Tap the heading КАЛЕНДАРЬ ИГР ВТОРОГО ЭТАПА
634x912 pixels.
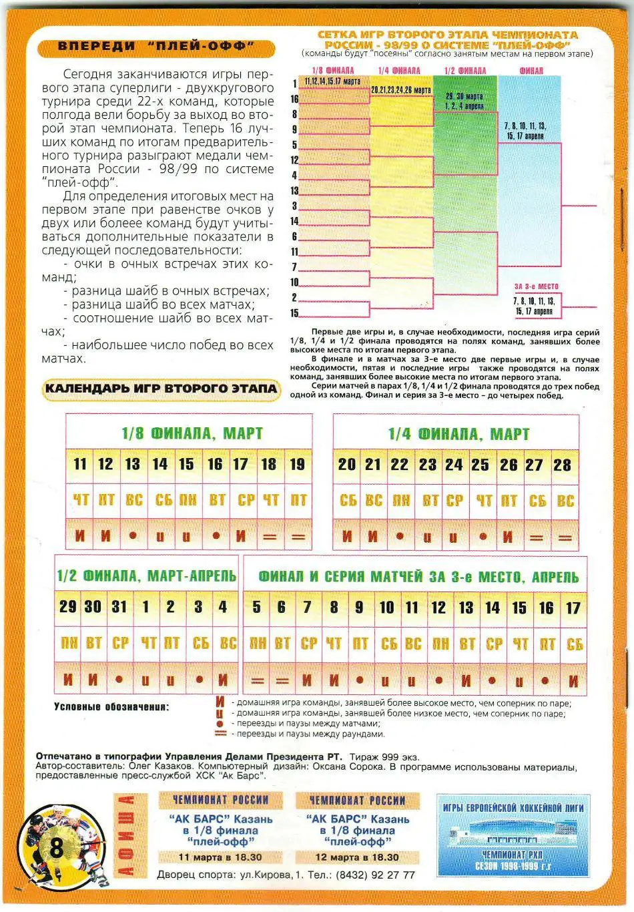(x=160, y=389)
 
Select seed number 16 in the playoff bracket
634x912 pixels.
(x=294, y=99)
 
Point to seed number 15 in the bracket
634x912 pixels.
(x=294, y=313)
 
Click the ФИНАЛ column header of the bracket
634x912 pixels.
(x=531, y=70)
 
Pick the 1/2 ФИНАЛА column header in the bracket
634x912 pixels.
(x=464, y=70)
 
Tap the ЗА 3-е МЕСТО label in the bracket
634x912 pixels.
(x=536, y=286)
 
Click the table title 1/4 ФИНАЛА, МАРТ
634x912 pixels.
(x=458, y=434)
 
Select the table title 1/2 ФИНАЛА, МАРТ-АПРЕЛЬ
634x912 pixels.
(x=147, y=576)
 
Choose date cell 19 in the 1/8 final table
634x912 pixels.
(x=298, y=464)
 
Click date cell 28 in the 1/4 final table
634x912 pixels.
(x=563, y=465)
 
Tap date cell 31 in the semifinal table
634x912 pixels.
(x=119, y=607)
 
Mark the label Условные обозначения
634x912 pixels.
(x=111, y=706)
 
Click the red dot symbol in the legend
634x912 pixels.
(x=220, y=723)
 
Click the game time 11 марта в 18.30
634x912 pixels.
(x=220, y=857)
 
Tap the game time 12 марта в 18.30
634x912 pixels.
(x=357, y=857)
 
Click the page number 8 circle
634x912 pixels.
(x=57, y=848)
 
